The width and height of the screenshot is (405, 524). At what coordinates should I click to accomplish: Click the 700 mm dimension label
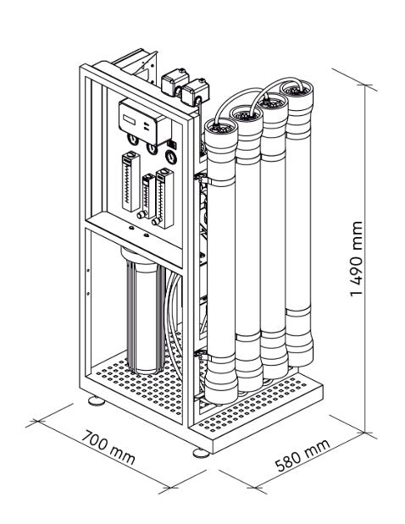pos(108,448)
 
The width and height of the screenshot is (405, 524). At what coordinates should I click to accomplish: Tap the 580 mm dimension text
pos(302,455)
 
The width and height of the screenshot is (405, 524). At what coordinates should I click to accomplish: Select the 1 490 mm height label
pos(356,258)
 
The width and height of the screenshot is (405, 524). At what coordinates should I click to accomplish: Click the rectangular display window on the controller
pos(129,119)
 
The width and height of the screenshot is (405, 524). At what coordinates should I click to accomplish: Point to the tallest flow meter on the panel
pos(130,181)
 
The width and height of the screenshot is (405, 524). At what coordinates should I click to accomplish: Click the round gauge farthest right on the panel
pos(171,157)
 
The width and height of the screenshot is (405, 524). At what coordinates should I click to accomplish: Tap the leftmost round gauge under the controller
pos(133,140)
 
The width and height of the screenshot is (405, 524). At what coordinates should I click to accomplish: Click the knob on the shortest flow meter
pos(141,215)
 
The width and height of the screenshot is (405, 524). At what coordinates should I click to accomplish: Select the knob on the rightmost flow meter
pos(156,222)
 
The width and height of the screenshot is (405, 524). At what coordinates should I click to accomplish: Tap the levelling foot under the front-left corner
pos(97,400)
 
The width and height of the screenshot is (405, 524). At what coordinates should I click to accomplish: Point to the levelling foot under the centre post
pos(202,453)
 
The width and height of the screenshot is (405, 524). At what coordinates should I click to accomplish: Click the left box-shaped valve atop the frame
pos(175,81)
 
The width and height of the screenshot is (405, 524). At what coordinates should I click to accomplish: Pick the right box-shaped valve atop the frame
pos(195,91)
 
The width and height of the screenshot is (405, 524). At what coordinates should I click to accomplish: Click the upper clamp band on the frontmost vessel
pos(220,182)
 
